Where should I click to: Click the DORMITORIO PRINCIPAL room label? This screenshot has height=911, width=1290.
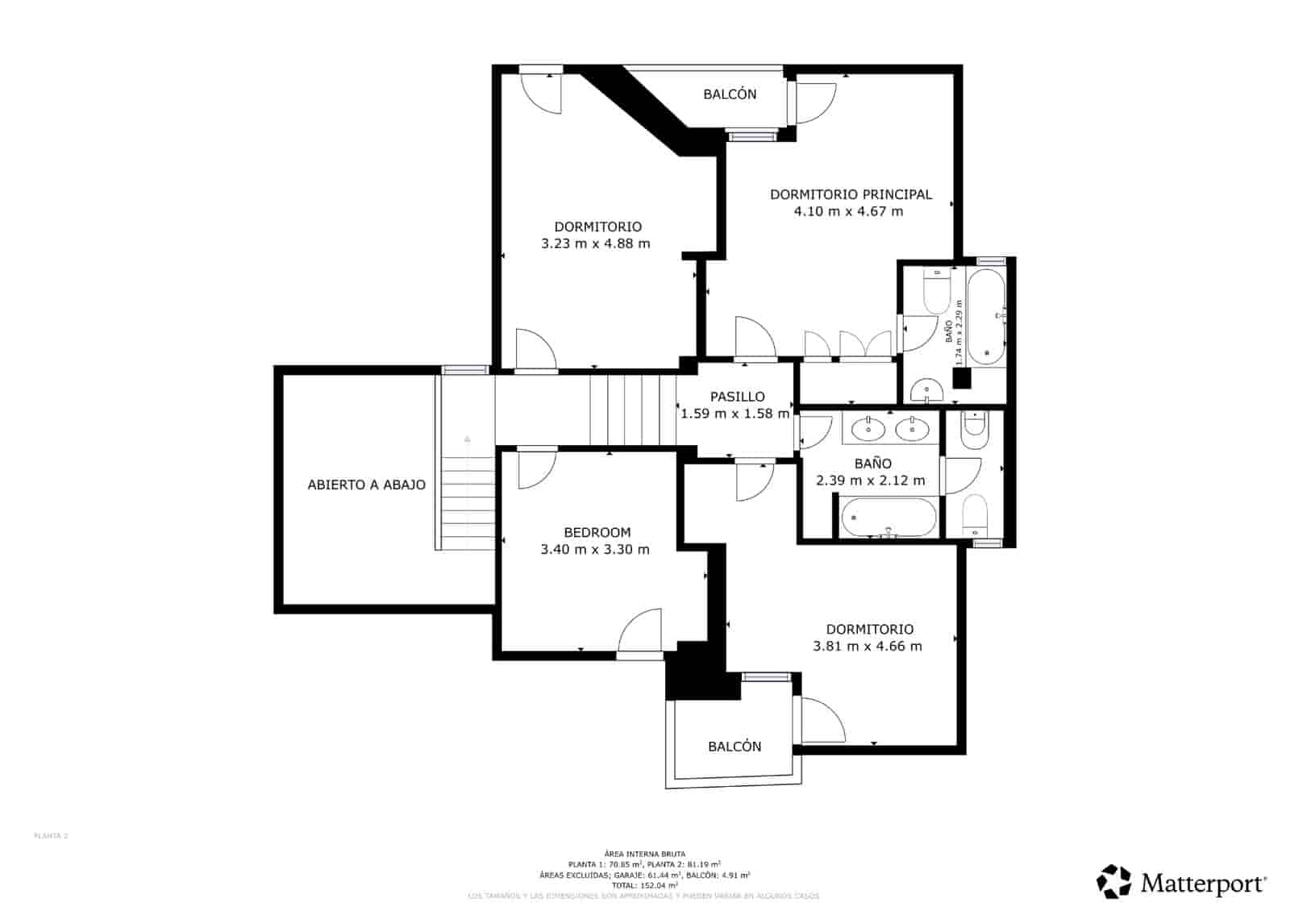pyautogui.click(x=851, y=194)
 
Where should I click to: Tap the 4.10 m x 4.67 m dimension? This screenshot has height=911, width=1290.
pyautogui.click(x=848, y=212)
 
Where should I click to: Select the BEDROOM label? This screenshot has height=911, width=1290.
pyautogui.click(x=597, y=532)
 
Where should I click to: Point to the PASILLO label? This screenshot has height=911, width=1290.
pyautogui.click(x=737, y=397)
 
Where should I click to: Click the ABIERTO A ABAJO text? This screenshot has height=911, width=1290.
pyautogui.click(x=366, y=485)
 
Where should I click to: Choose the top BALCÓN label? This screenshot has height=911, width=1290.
pyautogui.click(x=730, y=94)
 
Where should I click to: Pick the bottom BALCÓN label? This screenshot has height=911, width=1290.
pyautogui.click(x=734, y=747)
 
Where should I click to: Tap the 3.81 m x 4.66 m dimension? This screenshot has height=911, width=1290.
pyautogui.click(x=868, y=647)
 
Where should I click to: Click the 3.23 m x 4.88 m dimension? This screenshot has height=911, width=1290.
pyautogui.click(x=595, y=243)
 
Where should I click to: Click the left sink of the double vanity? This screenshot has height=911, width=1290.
pyautogui.click(x=868, y=429)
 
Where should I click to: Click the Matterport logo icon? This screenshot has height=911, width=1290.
pyautogui.click(x=1114, y=881)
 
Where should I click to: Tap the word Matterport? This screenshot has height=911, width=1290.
pyautogui.click(x=1202, y=884)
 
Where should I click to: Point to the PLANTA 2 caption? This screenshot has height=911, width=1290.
pyautogui.click(x=51, y=836)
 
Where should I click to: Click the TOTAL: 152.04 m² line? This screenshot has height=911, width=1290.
pyautogui.click(x=644, y=885)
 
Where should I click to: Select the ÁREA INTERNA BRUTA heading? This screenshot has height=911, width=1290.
pyautogui.click(x=644, y=854)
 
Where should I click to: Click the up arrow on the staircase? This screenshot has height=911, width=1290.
pyautogui.click(x=467, y=440)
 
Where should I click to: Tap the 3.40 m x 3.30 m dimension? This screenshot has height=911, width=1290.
pyautogui.click(x=595, y=550)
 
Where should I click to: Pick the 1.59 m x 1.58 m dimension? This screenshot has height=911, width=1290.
pyautogui.click(x=735, y=414)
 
